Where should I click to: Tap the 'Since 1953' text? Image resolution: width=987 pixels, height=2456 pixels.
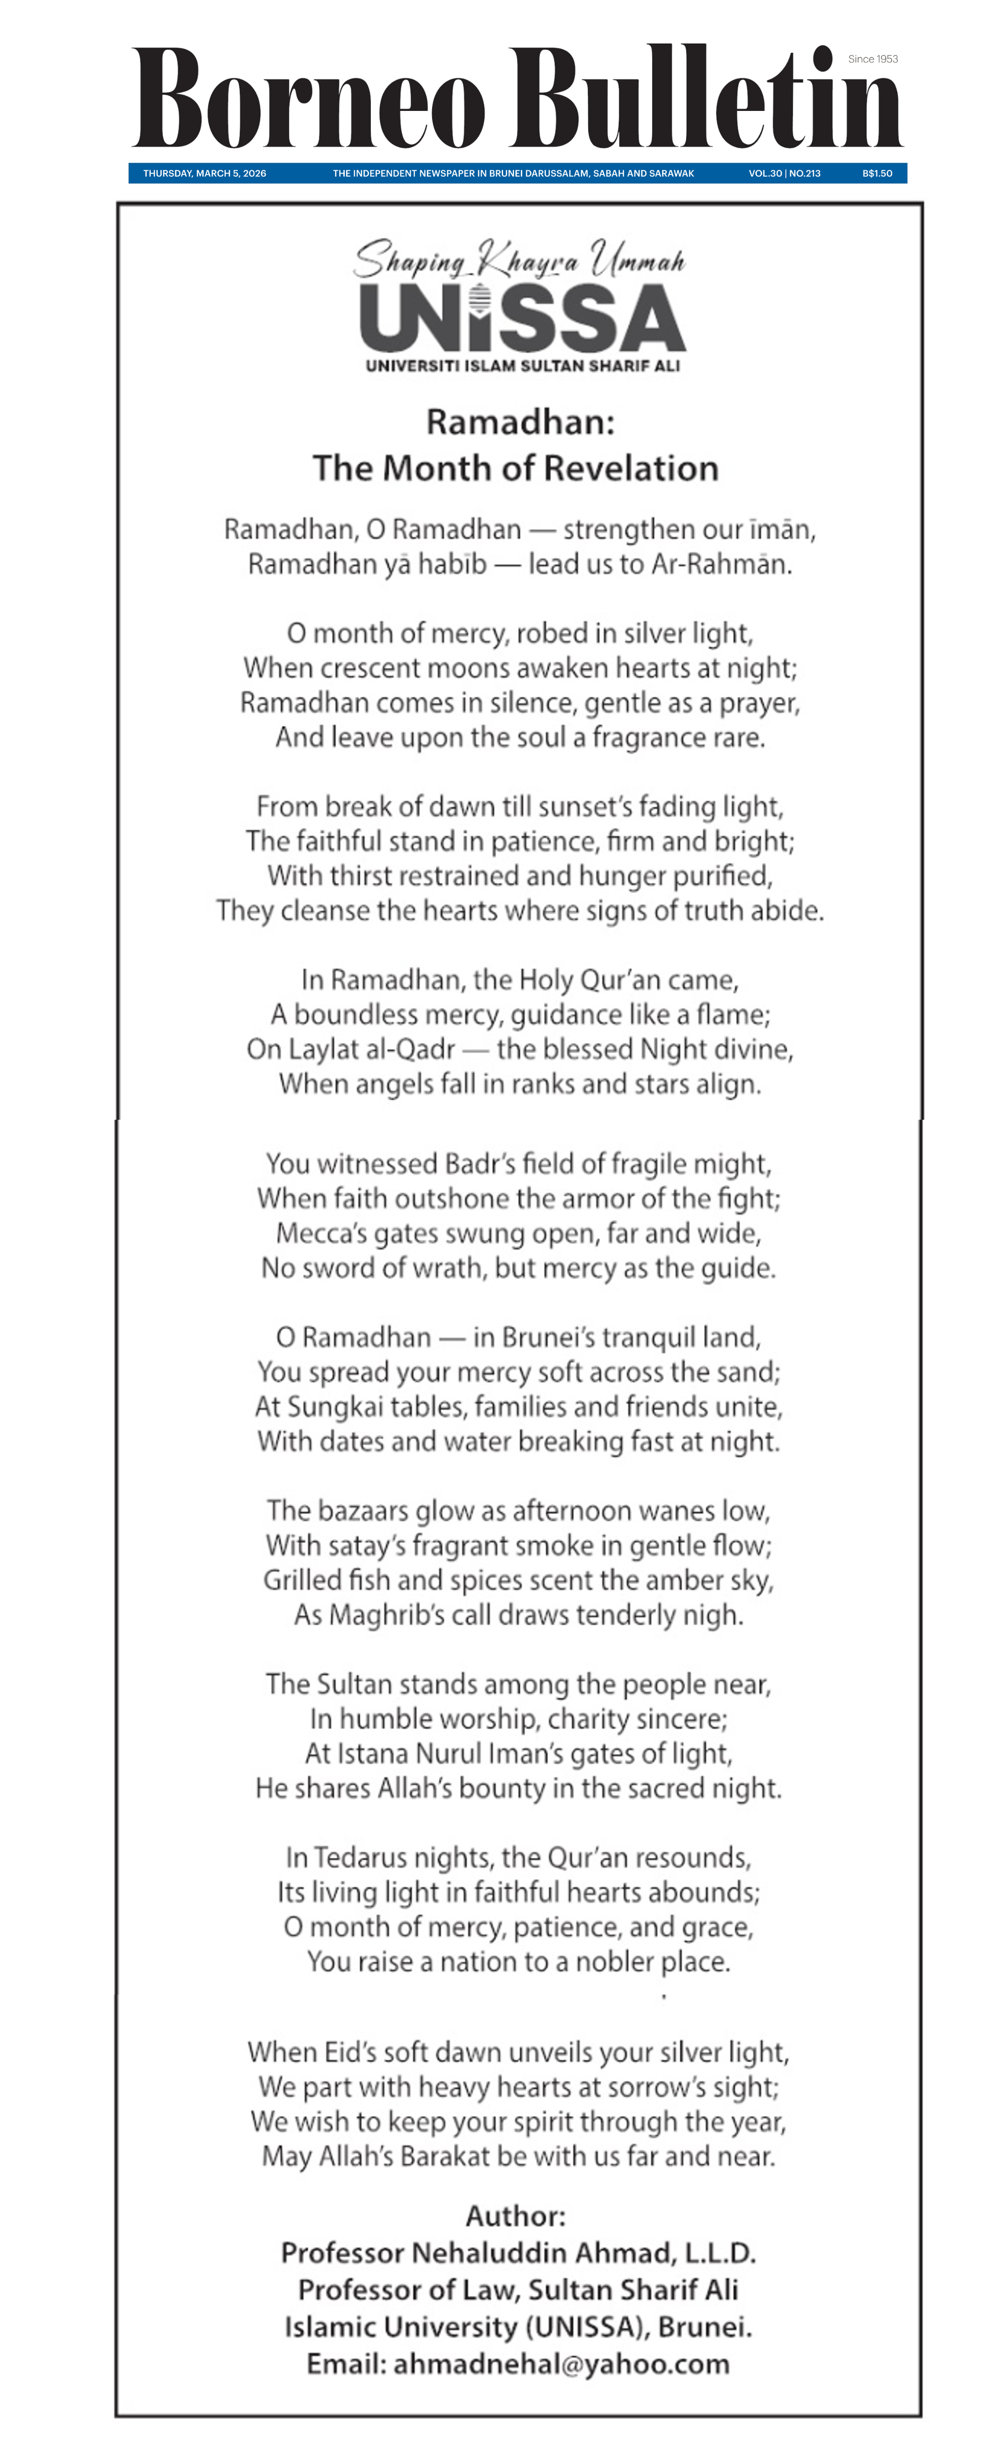tap(873, 59)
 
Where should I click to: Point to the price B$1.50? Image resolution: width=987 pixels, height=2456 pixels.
tap(877, 173)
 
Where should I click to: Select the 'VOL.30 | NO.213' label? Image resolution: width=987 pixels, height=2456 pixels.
tap(784, 173)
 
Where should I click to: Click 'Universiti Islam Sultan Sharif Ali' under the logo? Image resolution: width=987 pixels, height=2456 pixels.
tap(523, 365)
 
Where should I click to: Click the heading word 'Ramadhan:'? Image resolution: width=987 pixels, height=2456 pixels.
tap(520, 421)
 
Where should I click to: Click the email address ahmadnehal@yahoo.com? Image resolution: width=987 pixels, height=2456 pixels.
tap(561, 2364)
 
